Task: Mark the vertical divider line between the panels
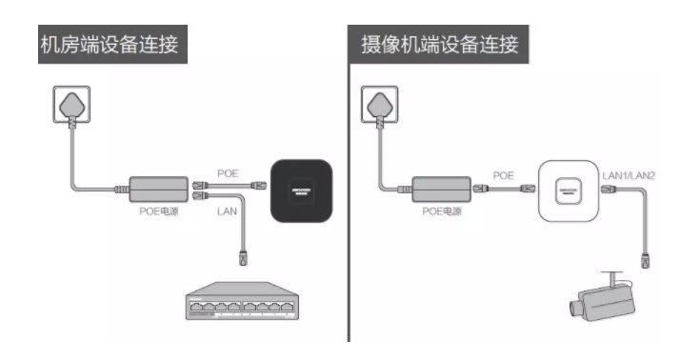click(349, 190)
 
